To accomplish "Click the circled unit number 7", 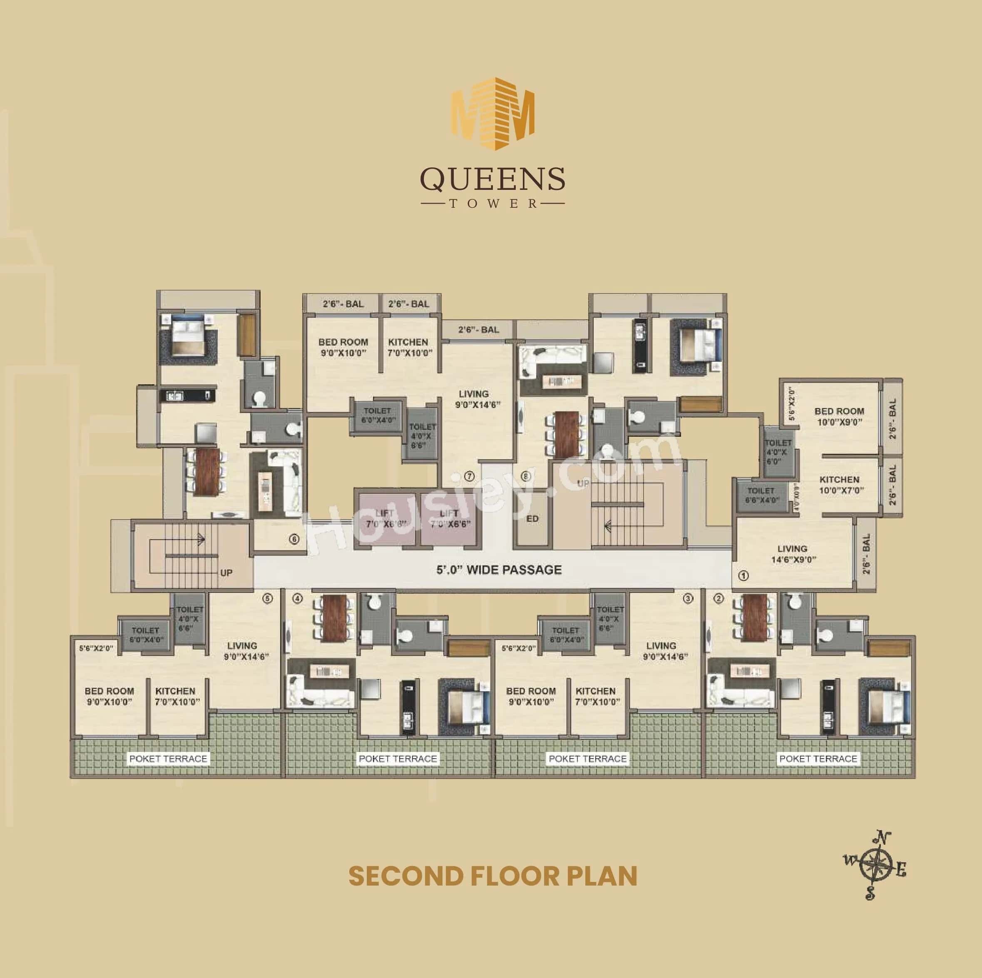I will pos(469,476).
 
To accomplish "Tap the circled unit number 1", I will pos(743,576).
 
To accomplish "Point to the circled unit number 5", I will pos(268,598).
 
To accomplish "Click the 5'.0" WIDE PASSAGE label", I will pos(499,570).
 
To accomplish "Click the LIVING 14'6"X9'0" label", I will pos(792,554).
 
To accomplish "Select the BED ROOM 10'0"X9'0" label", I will pos(839,416).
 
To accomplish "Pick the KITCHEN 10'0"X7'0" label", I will pos(839,485).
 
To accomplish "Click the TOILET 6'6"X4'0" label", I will pos(761,495).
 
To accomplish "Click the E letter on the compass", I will pos(901,871).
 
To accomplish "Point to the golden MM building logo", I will pos(493,114).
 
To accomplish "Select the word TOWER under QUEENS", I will pos(492,204).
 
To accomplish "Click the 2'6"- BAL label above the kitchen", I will pos(409,304).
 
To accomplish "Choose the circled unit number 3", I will pos(688,599).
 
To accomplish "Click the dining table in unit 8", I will pos(565,434).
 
